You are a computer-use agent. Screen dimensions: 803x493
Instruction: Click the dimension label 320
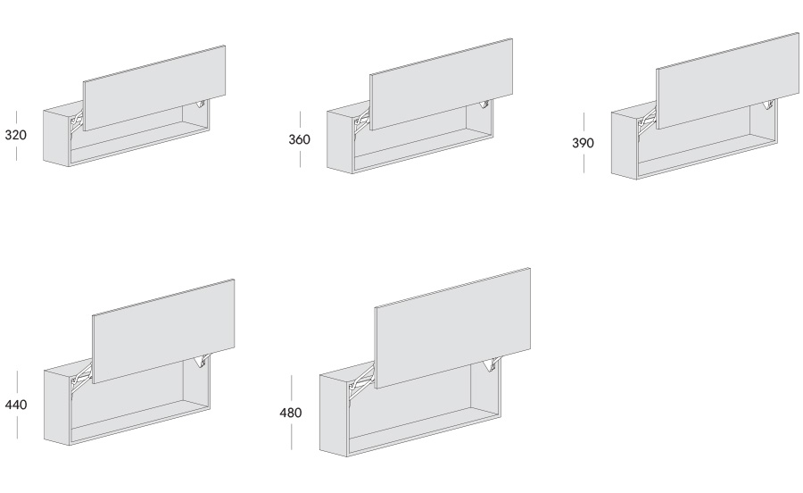pyautogui.click(x=15, y=135)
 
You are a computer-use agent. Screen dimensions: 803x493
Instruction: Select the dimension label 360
pyautogui.click(x=299, y=139)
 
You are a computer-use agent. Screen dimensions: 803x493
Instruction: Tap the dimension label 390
pyautogui.click(x=583, y=143)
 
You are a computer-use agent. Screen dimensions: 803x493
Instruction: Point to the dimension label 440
pyautogui.click(x=16, y=405)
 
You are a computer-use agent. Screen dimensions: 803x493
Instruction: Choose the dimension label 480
pyautogui.click(x=290, y=413)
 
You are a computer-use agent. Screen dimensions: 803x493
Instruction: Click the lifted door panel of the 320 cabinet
pyautogui.click(x=154, y=88)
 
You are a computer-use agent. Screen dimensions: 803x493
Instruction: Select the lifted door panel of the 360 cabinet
pyautogui.click(x=441, y=85)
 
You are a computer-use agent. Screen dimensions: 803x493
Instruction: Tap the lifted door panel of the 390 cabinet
pyautogui.click(x=728, y=81)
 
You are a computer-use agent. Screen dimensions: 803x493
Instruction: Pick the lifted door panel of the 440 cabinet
pyautogui.click(x=163, y=331)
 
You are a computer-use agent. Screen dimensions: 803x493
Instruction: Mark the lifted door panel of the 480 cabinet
pyautogui.click(x=452, y=328)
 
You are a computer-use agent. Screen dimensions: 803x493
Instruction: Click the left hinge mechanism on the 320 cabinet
pyautogui.click(x=77, y=122)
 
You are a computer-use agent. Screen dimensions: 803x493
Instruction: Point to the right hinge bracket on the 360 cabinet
pyautogui.click(x=484, y=104)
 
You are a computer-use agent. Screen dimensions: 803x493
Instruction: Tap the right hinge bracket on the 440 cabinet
pyautogui.click(x=201, y=361)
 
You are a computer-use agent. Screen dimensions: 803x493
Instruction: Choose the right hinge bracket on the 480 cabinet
pyautogui.click(x=490, y=364)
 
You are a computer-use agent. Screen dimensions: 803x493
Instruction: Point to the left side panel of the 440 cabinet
pyautogui.click(x=57, y=407)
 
